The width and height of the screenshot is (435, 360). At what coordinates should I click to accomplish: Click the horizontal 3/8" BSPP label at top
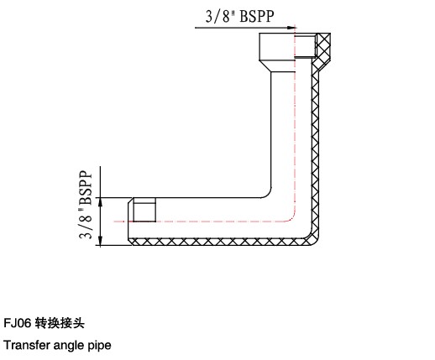[240, 16]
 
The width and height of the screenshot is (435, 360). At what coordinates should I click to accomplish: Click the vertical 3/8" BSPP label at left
[86, 205]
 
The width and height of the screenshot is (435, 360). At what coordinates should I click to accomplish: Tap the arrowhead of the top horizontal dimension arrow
[291, 28]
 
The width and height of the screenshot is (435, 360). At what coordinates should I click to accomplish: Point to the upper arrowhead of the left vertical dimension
[101, 202]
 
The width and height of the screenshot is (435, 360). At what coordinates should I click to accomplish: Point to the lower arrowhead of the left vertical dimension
[101, 241]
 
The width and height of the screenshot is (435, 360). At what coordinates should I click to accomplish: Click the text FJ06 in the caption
[17, 323]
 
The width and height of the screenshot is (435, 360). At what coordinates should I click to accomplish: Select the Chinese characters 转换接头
[60, 323]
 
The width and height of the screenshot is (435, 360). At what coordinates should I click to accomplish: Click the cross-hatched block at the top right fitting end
[323, 45]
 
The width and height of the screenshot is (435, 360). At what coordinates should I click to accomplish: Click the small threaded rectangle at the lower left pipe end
[144, 210]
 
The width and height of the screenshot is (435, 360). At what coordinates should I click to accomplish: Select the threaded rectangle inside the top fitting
[305, 45]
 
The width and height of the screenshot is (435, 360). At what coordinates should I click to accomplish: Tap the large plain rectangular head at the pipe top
[277, 47]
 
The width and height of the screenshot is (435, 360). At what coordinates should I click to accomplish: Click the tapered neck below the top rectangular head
[277, 66]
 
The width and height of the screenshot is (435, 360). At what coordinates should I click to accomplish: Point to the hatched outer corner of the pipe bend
[313, 238]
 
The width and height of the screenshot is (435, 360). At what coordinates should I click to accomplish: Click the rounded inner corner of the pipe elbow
[268, 195]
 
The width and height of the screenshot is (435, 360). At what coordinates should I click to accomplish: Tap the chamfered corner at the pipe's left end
[130, 201]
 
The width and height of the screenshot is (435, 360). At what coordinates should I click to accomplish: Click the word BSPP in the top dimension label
[257, 16]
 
